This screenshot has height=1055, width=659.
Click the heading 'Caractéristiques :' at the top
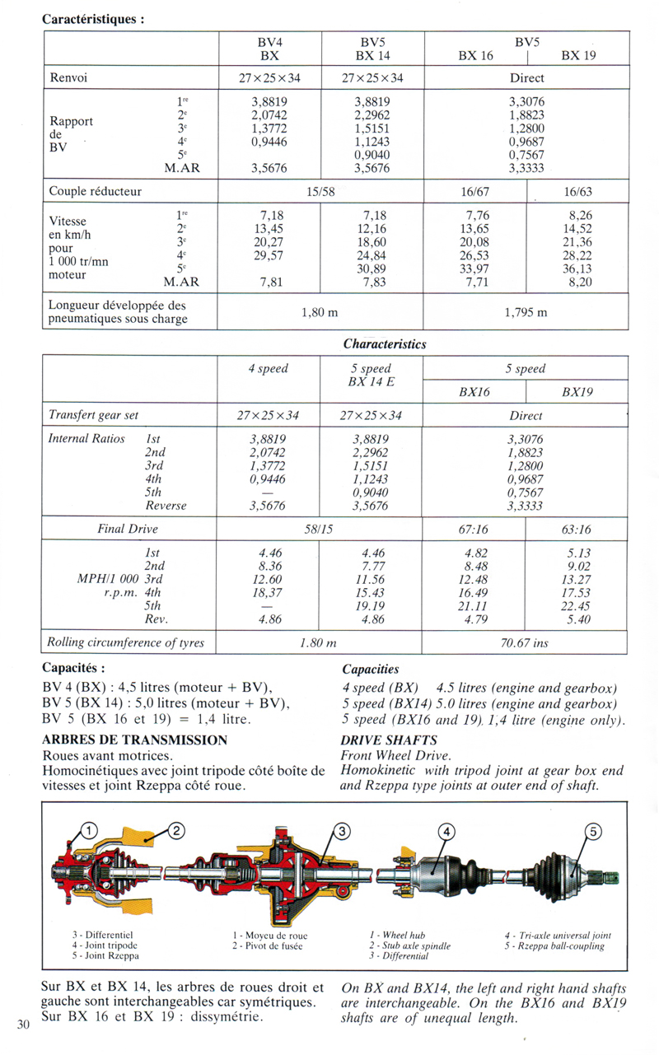[x=93, y=18]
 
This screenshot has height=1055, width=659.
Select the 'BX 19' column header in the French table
[x=578, y=56]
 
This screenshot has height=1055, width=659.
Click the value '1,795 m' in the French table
[x=526, y=313]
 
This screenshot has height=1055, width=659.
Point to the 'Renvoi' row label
[x=69, y=78]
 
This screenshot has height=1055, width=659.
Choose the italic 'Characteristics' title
[x=384, y=344]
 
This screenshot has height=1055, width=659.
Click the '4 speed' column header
[x=268, y=369]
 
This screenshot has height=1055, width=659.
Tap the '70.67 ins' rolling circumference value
[x=525, y=642]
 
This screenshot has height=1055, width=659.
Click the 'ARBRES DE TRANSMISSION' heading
[x=134, y=740]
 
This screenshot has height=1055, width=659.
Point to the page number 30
[x=22, y=1024]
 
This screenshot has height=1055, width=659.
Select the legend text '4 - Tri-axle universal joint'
[x=558, y=936]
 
